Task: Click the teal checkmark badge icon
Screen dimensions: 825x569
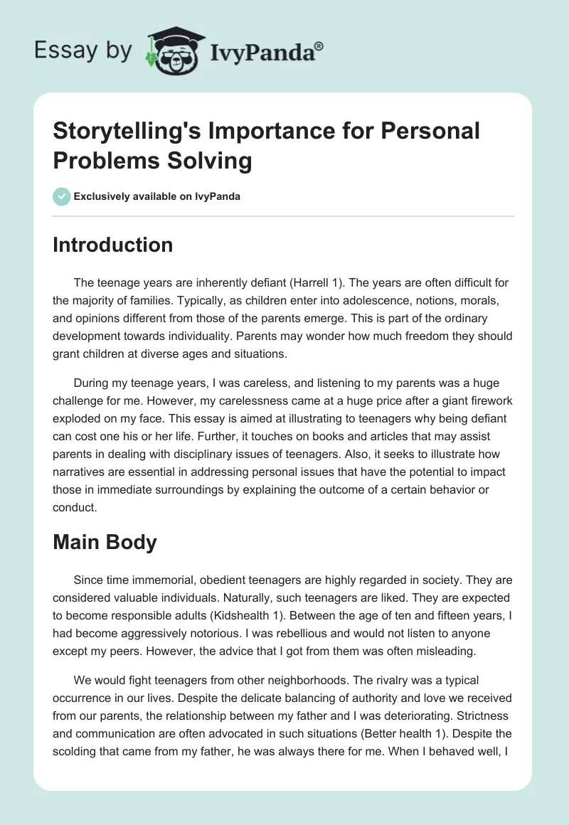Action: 61,196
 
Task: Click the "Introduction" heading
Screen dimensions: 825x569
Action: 113,245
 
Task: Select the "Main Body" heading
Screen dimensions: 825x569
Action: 105,543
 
